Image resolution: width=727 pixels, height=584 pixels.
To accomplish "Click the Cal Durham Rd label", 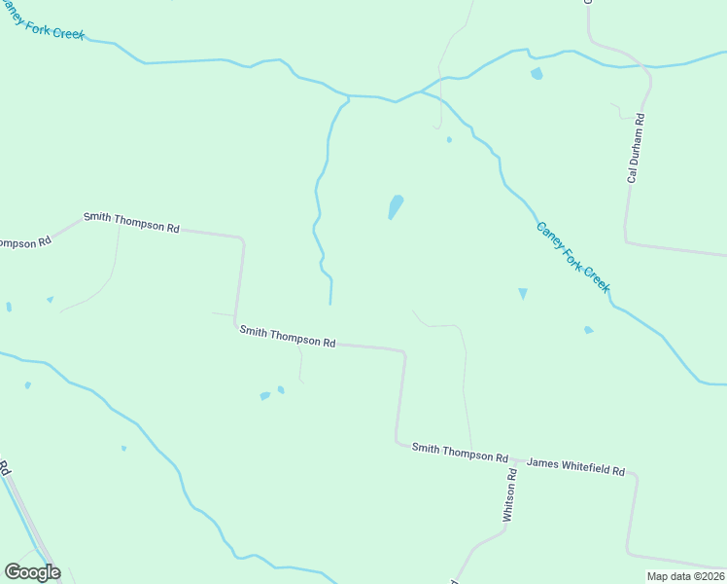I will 637,149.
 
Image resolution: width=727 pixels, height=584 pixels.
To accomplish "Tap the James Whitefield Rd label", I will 575,467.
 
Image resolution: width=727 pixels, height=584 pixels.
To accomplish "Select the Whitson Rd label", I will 508,495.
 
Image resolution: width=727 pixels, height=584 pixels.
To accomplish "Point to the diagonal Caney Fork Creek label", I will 573,257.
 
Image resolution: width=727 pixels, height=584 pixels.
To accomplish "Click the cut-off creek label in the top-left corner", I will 43,19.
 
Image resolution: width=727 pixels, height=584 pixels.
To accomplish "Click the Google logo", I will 32,572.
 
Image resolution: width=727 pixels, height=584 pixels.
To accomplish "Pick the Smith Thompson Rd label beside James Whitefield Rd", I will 460,453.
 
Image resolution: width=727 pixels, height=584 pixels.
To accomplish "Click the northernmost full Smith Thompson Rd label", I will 131,222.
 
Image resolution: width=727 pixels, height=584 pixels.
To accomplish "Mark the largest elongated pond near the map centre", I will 396,206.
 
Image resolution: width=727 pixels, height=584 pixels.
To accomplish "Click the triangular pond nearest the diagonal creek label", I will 523,293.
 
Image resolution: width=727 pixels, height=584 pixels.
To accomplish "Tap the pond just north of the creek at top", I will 537,74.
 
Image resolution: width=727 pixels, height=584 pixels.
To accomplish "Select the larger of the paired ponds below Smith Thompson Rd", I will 265,395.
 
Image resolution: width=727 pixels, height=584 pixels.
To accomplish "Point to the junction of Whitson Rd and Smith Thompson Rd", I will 513,458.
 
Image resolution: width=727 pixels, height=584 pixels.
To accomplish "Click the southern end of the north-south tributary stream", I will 330,303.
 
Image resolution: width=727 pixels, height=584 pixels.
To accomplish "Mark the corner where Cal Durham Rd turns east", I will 627,240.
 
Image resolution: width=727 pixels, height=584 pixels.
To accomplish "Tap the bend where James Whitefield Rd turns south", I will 636,476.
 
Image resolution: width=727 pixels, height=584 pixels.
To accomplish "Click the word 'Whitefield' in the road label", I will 581,467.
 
